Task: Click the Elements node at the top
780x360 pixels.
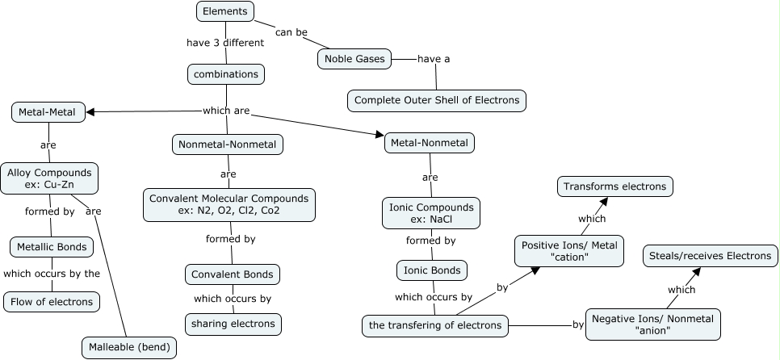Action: pos(225,11)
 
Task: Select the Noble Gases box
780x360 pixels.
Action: pos(354,58)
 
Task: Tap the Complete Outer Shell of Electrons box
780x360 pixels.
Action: pos(437,101)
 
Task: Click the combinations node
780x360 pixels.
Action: pos(226,74)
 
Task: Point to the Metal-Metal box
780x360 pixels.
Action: pos(48,112)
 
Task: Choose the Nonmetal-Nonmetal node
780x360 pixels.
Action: pos(228,144)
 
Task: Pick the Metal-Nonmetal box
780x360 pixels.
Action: pos(430,143)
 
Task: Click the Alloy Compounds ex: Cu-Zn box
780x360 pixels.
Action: pos(49,178)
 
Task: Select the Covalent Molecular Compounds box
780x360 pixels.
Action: pos(229,205)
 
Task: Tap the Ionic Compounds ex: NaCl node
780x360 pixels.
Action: pos(430,213)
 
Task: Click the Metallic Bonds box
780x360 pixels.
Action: pos(51,246)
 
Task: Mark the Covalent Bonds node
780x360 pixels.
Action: pos(233,274)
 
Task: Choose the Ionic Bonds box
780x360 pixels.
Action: pos(432,270)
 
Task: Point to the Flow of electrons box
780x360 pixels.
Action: pos(52,303)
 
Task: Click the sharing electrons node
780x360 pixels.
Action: pos(233,324)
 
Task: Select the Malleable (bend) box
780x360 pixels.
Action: pos(128,348)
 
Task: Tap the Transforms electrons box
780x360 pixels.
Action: pos(615,186)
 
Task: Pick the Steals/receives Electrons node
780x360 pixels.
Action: pos(711,256)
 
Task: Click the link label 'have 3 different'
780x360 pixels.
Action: pos(226,42)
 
